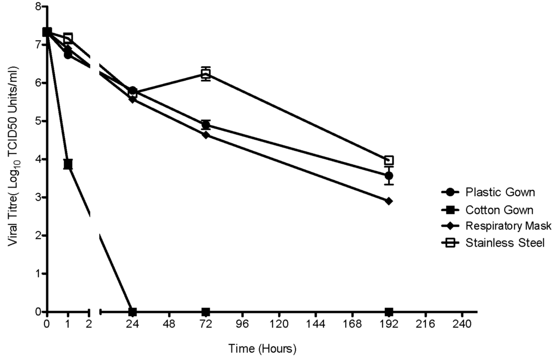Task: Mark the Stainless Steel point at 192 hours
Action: (x=389, y=160)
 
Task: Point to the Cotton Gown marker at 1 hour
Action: (x=68, y=164)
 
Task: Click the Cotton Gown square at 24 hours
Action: (x=132, y=312)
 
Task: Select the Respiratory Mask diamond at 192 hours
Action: (x=389, y=201)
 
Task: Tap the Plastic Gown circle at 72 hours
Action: (x=205, y=125)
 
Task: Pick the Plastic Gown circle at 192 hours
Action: (x=389, y=176)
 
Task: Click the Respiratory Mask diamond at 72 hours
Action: (x=205, y=134)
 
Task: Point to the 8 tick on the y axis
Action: (x=38, y=7)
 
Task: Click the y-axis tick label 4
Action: (x=38, y=159)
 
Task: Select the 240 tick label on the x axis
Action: (x=462, y=325)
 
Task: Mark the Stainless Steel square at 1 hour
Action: (x=68, y=38)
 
